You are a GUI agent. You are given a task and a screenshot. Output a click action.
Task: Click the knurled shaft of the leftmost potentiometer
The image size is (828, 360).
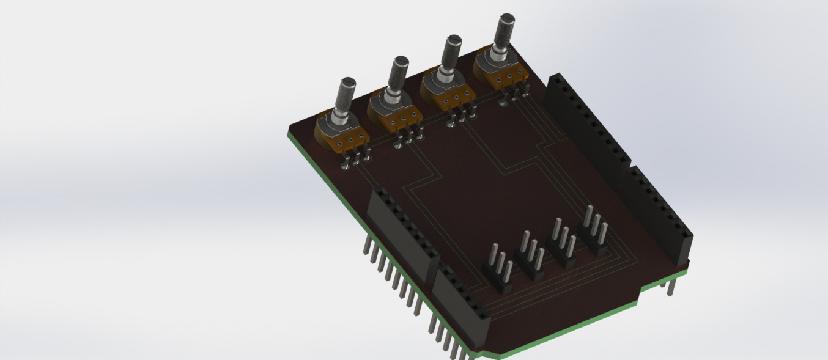(x=347, y=95)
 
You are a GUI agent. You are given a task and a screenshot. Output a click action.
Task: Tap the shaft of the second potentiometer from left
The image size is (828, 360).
(x=399, y=73)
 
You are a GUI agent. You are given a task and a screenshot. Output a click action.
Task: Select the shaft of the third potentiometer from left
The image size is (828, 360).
(x=453, y=51)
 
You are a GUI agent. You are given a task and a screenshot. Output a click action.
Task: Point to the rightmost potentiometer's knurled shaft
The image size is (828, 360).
(x=506, y=29)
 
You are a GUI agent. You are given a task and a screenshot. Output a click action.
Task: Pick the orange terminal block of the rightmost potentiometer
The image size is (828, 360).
(x=511, y=77)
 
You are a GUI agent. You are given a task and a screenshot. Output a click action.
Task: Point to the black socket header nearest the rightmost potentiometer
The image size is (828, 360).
(x=587, y=128)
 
